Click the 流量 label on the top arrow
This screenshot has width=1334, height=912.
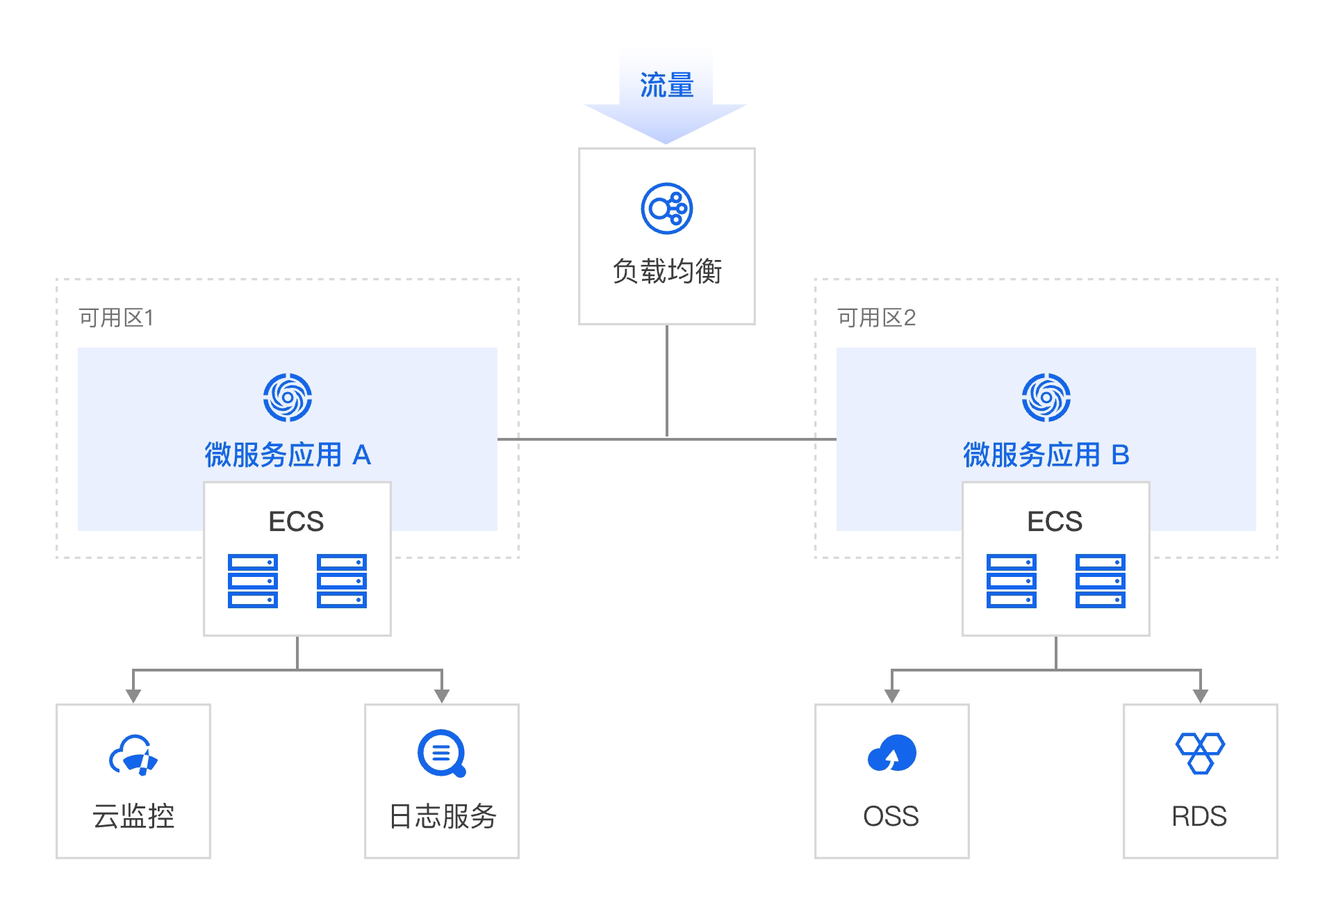[666, 85]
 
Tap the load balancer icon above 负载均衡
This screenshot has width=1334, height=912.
[666, 209]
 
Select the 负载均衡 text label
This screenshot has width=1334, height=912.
[666, 271]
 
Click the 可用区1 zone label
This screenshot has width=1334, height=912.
[116, 318]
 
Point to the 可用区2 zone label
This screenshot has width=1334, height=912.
[876, 318]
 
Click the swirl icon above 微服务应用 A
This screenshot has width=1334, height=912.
[287, 398]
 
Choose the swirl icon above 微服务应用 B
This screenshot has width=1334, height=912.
[1046, 398]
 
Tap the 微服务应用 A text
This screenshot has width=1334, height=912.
[288, 455]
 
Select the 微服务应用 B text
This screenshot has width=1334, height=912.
[1046, 455]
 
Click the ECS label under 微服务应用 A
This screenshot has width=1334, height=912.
[296, 521]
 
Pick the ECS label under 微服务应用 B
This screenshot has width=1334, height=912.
[1055, 521]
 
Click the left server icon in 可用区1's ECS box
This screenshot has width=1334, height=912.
[253, 581]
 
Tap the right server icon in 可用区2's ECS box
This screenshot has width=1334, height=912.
[1100, 581]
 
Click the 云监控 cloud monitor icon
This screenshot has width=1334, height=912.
[133, 755]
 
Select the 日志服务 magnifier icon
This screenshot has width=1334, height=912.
[442, 754]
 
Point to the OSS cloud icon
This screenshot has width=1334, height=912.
[892, 754]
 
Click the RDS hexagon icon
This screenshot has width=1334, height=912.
[1200, 754]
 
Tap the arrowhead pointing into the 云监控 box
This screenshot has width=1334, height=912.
[133, 696]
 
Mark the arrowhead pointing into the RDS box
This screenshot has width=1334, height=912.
[1201, 696]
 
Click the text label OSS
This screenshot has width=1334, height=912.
[891, 817]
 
